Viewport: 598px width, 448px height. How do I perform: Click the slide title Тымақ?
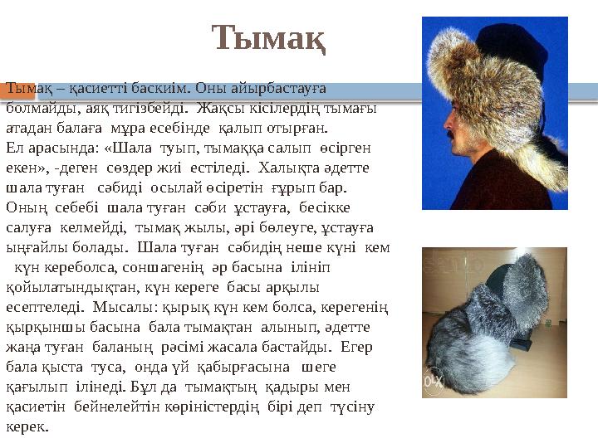point(268,38)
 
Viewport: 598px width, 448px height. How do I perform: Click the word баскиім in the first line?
point(161,88)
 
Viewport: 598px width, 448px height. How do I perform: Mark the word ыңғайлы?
point(34,248)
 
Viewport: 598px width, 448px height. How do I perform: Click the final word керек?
point(27,426)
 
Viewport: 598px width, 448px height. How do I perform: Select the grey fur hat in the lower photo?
point(498,332)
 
